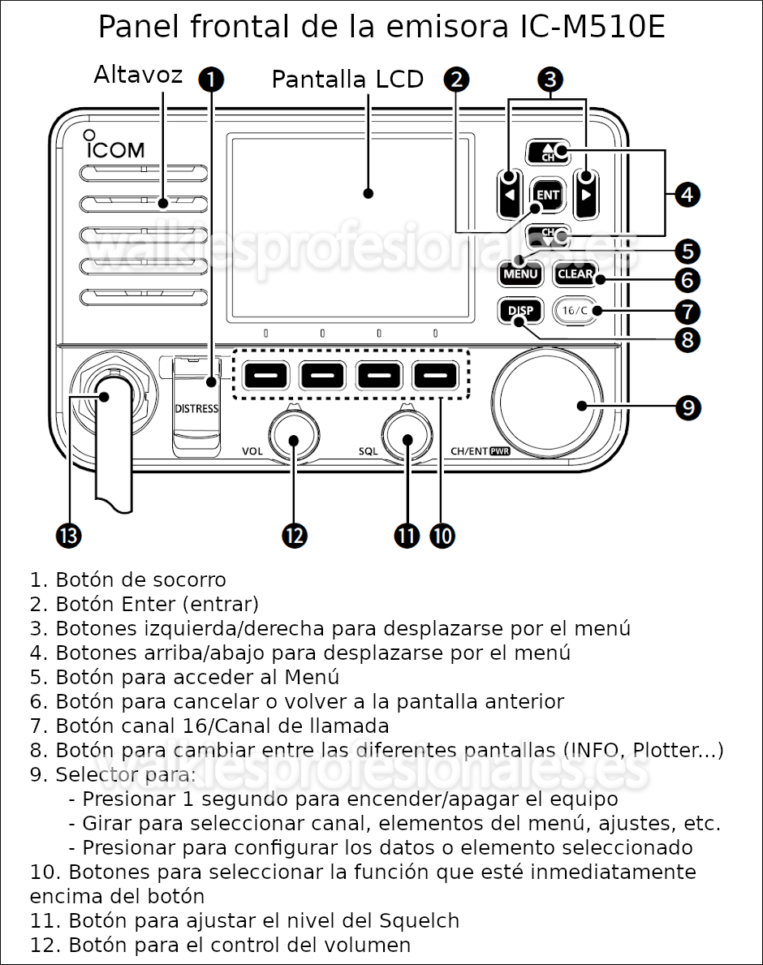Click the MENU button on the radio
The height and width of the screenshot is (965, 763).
tap(519, 274)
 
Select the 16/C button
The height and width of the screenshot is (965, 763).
tap(573, 311)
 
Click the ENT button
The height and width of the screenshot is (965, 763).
tap(548, 195)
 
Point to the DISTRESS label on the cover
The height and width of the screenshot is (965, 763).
tap(196, 408)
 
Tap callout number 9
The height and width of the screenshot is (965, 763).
tap(688, 407)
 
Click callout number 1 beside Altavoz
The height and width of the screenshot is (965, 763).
tap(211, 79)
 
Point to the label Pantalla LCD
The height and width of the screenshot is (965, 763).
tap(347, 80)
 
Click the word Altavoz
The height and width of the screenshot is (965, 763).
tap(138, 75)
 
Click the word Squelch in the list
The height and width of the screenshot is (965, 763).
tap(419, 920)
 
